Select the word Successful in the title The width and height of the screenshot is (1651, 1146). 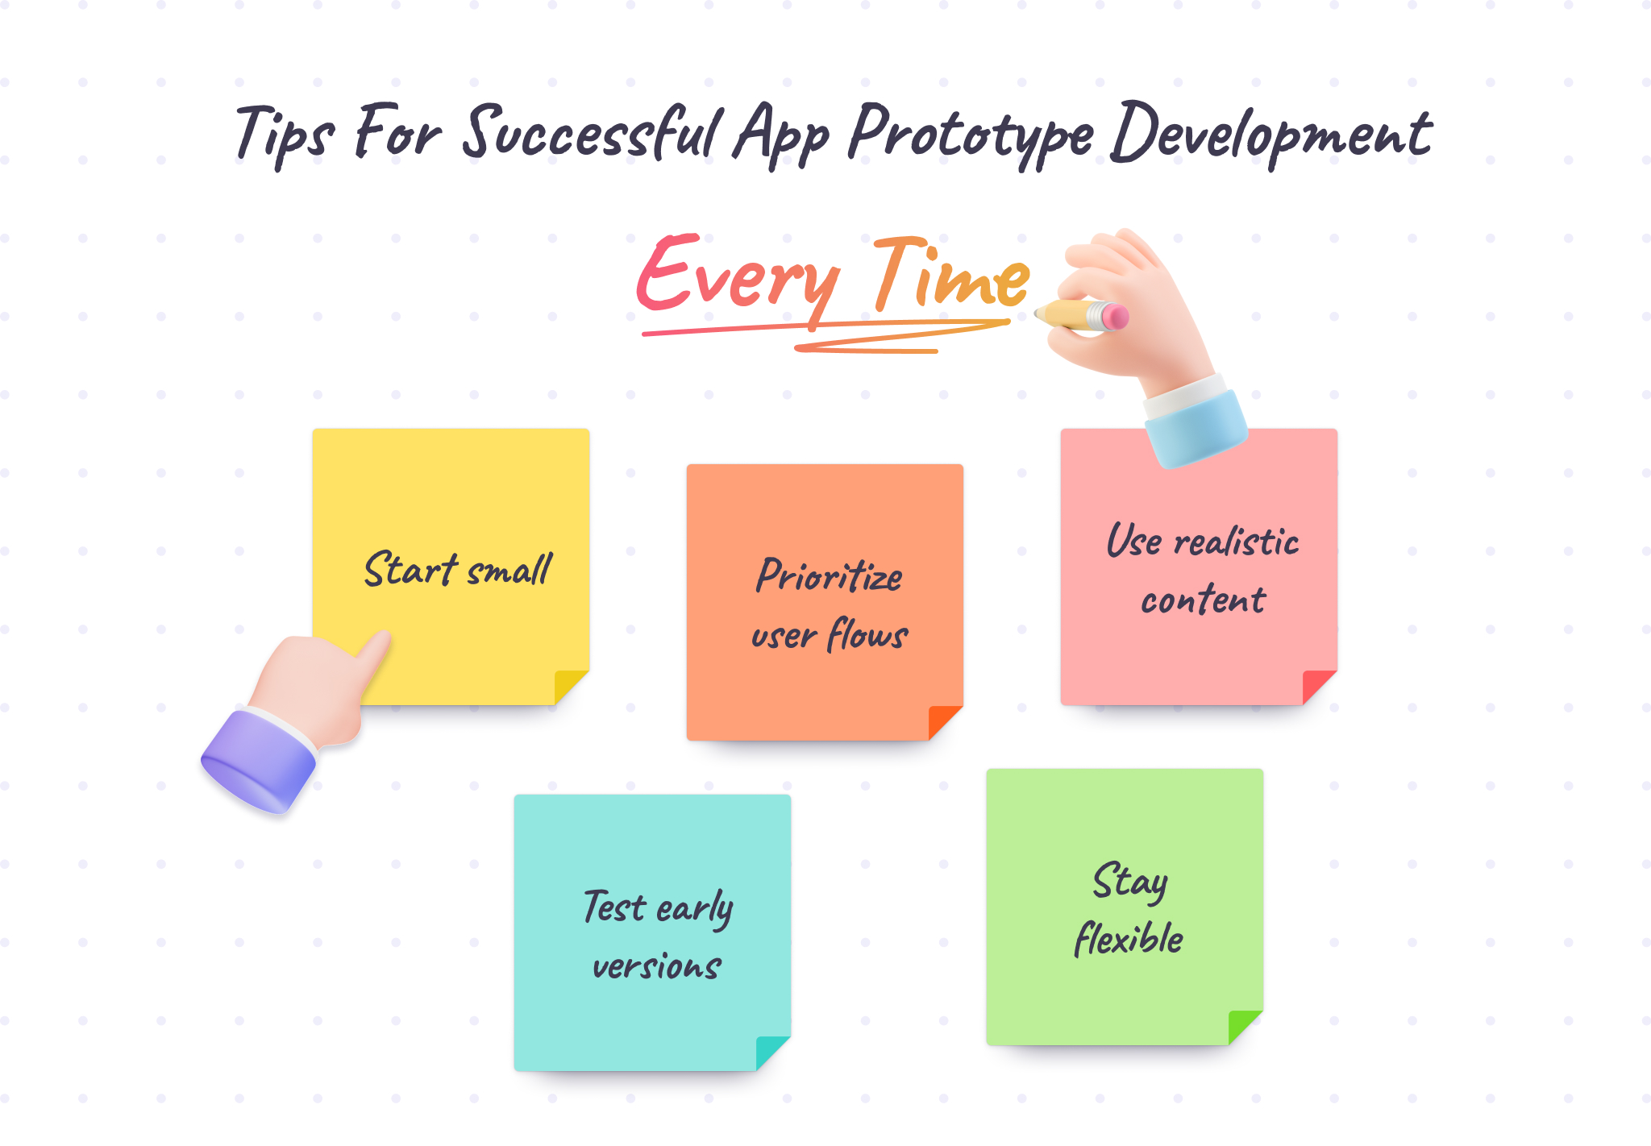click(x=593, y=133)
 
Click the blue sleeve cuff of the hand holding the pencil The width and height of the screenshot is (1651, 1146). click(x=1196, y=427)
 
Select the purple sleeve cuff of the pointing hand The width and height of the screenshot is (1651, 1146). click(x=258, y=762)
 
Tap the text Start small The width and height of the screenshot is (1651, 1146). click(x=457, y=571)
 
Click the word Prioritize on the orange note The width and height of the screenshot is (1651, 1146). click(x=829, y=577)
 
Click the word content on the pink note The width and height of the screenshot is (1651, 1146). click(x=1203, y=600)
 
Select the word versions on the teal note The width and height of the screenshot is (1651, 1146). click(x=656, y=966)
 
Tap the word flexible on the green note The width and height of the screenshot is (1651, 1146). click(x=1128, y=940)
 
